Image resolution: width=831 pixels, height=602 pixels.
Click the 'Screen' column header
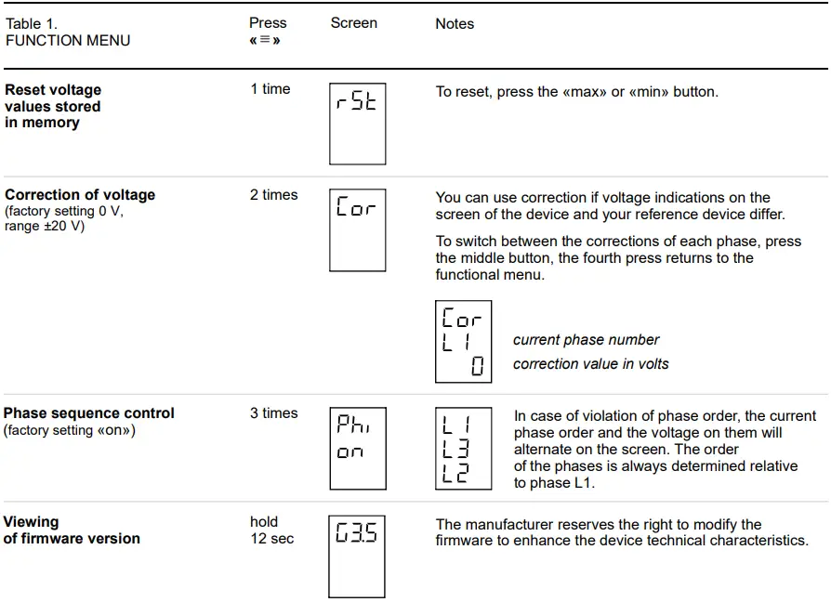353,23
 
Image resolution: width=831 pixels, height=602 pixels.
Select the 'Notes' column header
455,24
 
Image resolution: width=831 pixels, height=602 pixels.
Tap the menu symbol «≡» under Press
265,41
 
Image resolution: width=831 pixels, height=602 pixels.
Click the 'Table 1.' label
32,24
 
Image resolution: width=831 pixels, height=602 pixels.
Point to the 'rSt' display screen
357,124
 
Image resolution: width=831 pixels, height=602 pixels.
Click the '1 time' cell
270,89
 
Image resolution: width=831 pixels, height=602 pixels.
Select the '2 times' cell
273,195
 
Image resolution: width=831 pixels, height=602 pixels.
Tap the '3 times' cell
273,413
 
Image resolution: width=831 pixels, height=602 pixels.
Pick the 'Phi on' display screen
357,448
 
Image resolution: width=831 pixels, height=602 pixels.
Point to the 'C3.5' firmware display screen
357,556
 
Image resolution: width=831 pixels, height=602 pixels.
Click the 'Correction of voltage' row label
80,195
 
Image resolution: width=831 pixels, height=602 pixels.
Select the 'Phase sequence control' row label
89,413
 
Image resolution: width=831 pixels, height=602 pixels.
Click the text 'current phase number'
586,340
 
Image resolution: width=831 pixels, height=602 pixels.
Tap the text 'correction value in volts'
590,364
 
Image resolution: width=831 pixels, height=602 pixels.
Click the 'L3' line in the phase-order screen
456,450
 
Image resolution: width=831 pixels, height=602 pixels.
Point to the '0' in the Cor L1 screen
477,367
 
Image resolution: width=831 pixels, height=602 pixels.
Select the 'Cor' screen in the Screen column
357,229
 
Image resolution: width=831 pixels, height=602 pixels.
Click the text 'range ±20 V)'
45,226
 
